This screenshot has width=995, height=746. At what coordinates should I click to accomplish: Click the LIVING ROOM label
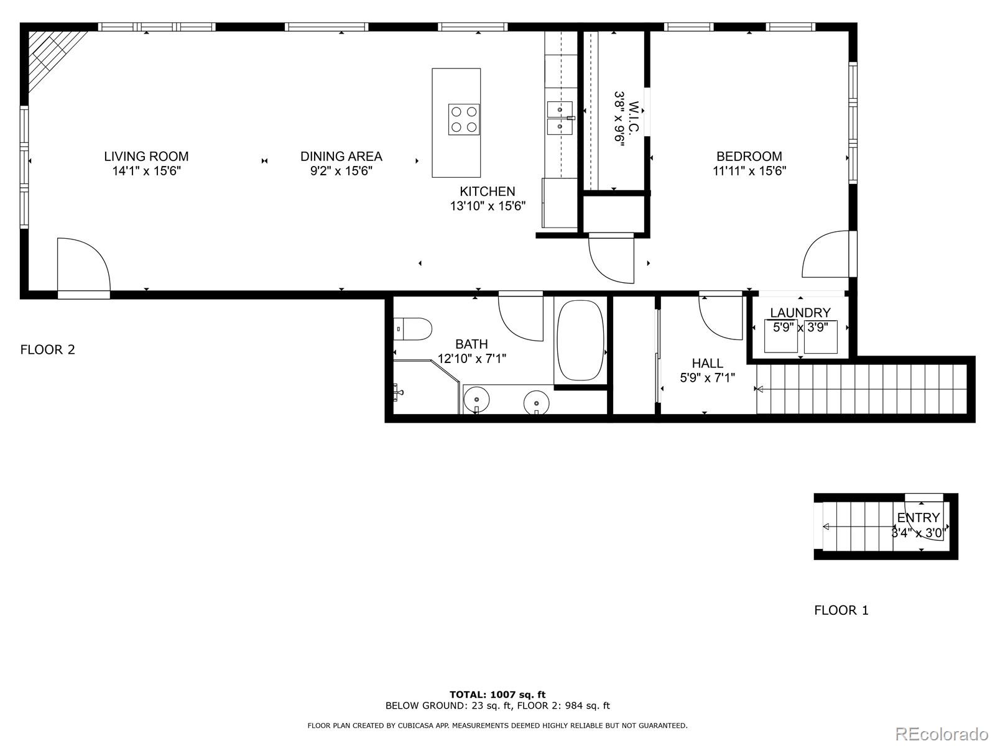click(146, 157)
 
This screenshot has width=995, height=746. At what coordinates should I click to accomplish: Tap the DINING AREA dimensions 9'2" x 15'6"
click(341, 171)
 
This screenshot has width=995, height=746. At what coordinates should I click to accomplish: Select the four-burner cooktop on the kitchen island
click(464, 119)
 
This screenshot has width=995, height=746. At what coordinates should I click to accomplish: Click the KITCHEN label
click(487, 191)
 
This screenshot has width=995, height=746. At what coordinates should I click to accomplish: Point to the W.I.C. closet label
click(633, 119)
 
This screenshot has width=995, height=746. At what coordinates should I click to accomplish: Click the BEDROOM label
click(749, 157)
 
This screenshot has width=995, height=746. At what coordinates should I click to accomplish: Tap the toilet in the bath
click(413, 329)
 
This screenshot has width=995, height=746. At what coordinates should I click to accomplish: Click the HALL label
click(707, 363)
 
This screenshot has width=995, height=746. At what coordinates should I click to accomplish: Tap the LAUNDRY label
click(800, 313)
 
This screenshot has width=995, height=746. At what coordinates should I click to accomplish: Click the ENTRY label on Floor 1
click(919, 518)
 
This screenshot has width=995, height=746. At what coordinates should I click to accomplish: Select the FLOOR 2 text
click(47, 349)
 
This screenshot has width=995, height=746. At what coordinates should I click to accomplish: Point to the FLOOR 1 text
click(841, 610)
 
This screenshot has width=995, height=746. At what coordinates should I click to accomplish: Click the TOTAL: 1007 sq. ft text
click(497, 694)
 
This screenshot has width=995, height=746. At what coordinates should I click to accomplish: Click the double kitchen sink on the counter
click(560, 117)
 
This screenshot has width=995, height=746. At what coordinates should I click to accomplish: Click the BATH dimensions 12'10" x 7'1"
click(471, 359)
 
